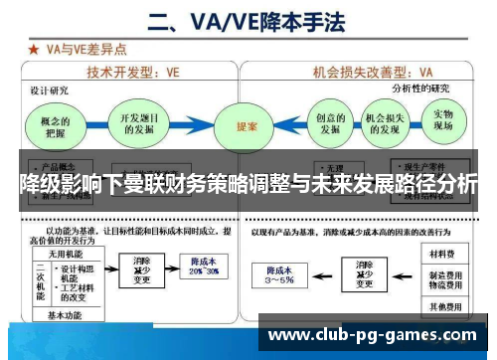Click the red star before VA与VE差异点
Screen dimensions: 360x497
click(x=34, y=48)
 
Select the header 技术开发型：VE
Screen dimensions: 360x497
click(x=134, y=72)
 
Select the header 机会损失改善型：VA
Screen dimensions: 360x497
click(x=374, y=72)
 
